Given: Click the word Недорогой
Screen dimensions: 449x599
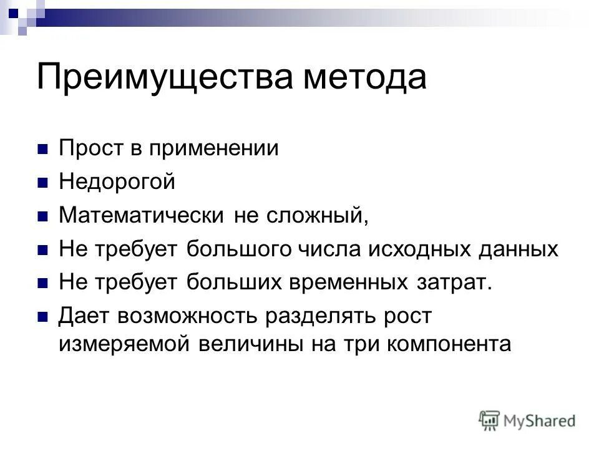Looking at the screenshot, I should (x=117, y=183).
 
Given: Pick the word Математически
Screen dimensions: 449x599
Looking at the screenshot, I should (x=142, y=216).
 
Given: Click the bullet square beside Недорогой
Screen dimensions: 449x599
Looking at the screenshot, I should (x=43, y=183).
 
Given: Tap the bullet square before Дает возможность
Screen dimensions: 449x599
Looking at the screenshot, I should (x=43, y=317).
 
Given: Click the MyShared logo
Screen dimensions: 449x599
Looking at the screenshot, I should (x=527, y=420).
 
